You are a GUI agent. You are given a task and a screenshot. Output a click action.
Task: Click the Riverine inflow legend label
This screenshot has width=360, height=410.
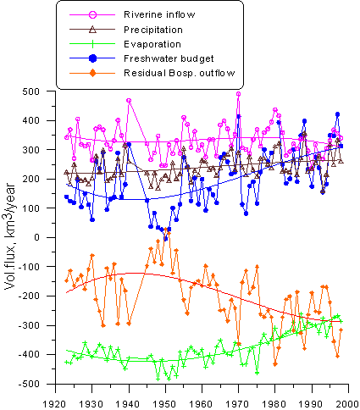point(159,14)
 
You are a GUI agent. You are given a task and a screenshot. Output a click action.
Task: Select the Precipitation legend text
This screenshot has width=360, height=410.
point(153,30)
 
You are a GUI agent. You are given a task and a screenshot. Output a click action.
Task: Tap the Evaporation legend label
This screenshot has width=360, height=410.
point(152,44)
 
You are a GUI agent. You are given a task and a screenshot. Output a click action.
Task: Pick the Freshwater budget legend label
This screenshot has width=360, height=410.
point(169,58)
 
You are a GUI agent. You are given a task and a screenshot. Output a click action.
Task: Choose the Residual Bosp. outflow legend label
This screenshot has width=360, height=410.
point(180,73)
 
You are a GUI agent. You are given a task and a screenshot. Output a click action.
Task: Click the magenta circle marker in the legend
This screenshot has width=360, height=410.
point(92,14)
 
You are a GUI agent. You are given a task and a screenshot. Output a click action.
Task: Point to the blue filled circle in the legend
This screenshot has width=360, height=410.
point(92,58)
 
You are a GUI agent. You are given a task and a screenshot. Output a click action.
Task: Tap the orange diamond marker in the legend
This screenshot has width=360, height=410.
point(92,73)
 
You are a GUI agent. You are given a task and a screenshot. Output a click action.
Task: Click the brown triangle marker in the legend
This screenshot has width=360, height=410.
point(92,29)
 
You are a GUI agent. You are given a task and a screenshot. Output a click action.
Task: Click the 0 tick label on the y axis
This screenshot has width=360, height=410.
point(37,237)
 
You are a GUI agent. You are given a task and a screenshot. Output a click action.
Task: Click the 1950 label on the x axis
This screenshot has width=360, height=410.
point(165,404)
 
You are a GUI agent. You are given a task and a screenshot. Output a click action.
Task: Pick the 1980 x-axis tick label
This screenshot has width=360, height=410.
point(275,404)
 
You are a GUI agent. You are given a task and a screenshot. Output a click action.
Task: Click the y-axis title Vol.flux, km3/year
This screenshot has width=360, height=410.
point(11,236)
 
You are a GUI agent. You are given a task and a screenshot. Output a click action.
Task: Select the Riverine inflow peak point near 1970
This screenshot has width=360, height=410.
point(239,94)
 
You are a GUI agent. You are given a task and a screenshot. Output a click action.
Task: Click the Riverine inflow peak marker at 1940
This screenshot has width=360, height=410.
point(129,101)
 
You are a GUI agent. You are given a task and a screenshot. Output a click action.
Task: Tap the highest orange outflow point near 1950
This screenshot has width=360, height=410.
point(166,230)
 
